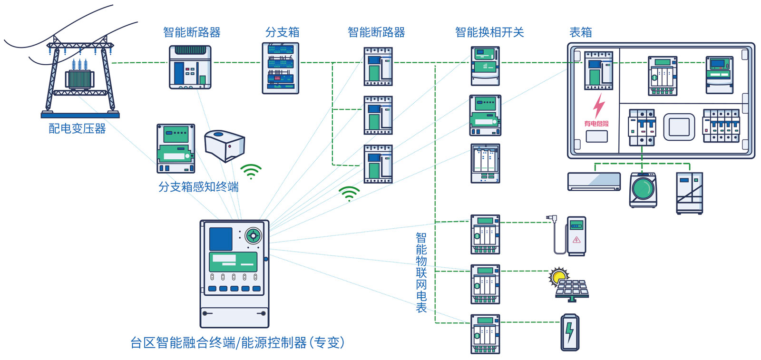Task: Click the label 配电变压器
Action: click(x=77, y=128)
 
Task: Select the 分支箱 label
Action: click(x=283, y=32)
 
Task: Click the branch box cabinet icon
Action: click(x=281, y=68)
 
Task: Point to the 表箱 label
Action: click(x=581, y=32)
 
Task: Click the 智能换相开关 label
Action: click(x=489, y=32)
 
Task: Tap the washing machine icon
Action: click(x=643, y=190)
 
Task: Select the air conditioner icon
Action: click(x=594, y=181)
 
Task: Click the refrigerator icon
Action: click(x=690, y=193)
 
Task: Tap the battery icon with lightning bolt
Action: click(x=570, y=332)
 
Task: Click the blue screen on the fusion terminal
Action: click(x=221, y=239)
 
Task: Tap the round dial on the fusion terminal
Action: click(x=253, y=235)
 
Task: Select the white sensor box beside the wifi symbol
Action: click(x=224, y=146)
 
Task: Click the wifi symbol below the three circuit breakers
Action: click(x=349, y=193)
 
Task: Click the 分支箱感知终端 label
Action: click(x=198, y=187)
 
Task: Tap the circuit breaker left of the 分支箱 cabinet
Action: click(x=190, y=67)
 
